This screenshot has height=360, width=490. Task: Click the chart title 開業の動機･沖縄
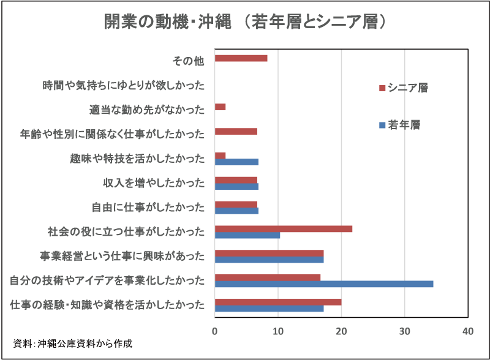pyautogui.click(x=245, y=22)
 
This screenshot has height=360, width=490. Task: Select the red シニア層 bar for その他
pyautogui.click(x=241, y=58)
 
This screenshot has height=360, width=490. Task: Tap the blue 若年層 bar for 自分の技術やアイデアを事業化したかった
pyautogui.click(x=324, y=284)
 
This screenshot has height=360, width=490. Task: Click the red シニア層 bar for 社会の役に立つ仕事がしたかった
pyautogui.click(x=284, y=228)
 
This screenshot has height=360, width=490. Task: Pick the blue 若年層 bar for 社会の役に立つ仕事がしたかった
pyautogui.click(x=247, y=235)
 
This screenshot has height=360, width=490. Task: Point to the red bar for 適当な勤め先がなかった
pyautogui.click(x=221, y=107)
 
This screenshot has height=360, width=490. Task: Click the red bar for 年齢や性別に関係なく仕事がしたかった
pyautogui.click(x=236, y=132)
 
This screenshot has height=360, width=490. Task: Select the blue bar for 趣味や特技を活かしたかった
pyautogui.click(x=236, y=162)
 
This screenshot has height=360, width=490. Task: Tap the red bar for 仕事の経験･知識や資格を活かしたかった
pyautogui.click(x=278, y=302)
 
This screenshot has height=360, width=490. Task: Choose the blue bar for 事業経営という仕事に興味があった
pyautogui.click(x=269, y=260)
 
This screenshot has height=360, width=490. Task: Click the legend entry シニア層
pyautogui.click(x=407, y=88)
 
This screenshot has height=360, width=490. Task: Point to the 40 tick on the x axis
pyautogui.click(x=468, y=331)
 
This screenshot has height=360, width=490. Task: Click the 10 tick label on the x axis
pyautogui.click(x=278, y=331)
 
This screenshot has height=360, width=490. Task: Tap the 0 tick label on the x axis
pyautogui.click(x=215, y=331)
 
